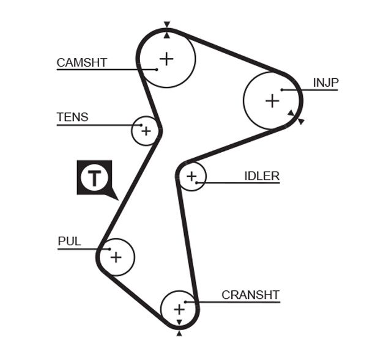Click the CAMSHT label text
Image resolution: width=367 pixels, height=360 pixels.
[81, 62]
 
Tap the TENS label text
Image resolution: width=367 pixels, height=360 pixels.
[72, 117]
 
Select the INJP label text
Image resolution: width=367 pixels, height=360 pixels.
[325, 83]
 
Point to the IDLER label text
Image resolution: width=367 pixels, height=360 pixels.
[262, 176]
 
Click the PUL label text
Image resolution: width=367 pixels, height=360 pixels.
[69, 241]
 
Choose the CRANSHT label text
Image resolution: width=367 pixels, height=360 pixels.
[250, 295]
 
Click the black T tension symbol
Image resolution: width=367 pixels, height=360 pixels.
[94, 178]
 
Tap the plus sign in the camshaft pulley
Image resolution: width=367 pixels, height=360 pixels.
[166, 59]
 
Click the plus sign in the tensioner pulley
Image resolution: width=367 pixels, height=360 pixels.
[146, 130]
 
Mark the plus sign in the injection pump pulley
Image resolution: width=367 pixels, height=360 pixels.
[272, 101]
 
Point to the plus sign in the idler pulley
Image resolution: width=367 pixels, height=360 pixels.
[192, 177]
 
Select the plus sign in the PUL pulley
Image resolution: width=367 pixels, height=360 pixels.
[116, 257]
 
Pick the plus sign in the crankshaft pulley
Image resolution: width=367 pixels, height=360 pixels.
[179, 309]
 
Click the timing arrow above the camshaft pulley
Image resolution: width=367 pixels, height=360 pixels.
[166, 26]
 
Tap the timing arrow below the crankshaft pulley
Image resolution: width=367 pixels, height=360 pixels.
[179, 333]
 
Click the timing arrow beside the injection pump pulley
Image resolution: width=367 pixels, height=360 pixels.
[300, 121]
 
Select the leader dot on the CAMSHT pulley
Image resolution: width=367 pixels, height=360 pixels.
[157, 69]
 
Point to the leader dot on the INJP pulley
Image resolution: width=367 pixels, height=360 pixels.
[282, 90]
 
